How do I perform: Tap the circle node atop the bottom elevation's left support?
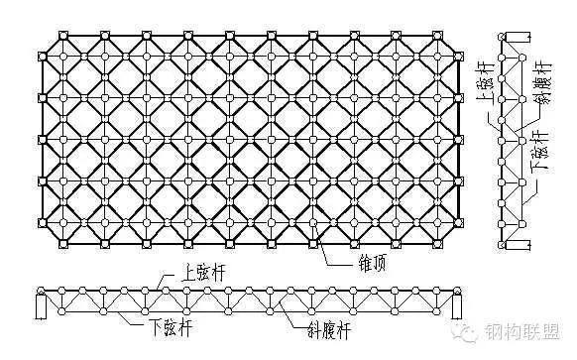[x=41, y=291]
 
